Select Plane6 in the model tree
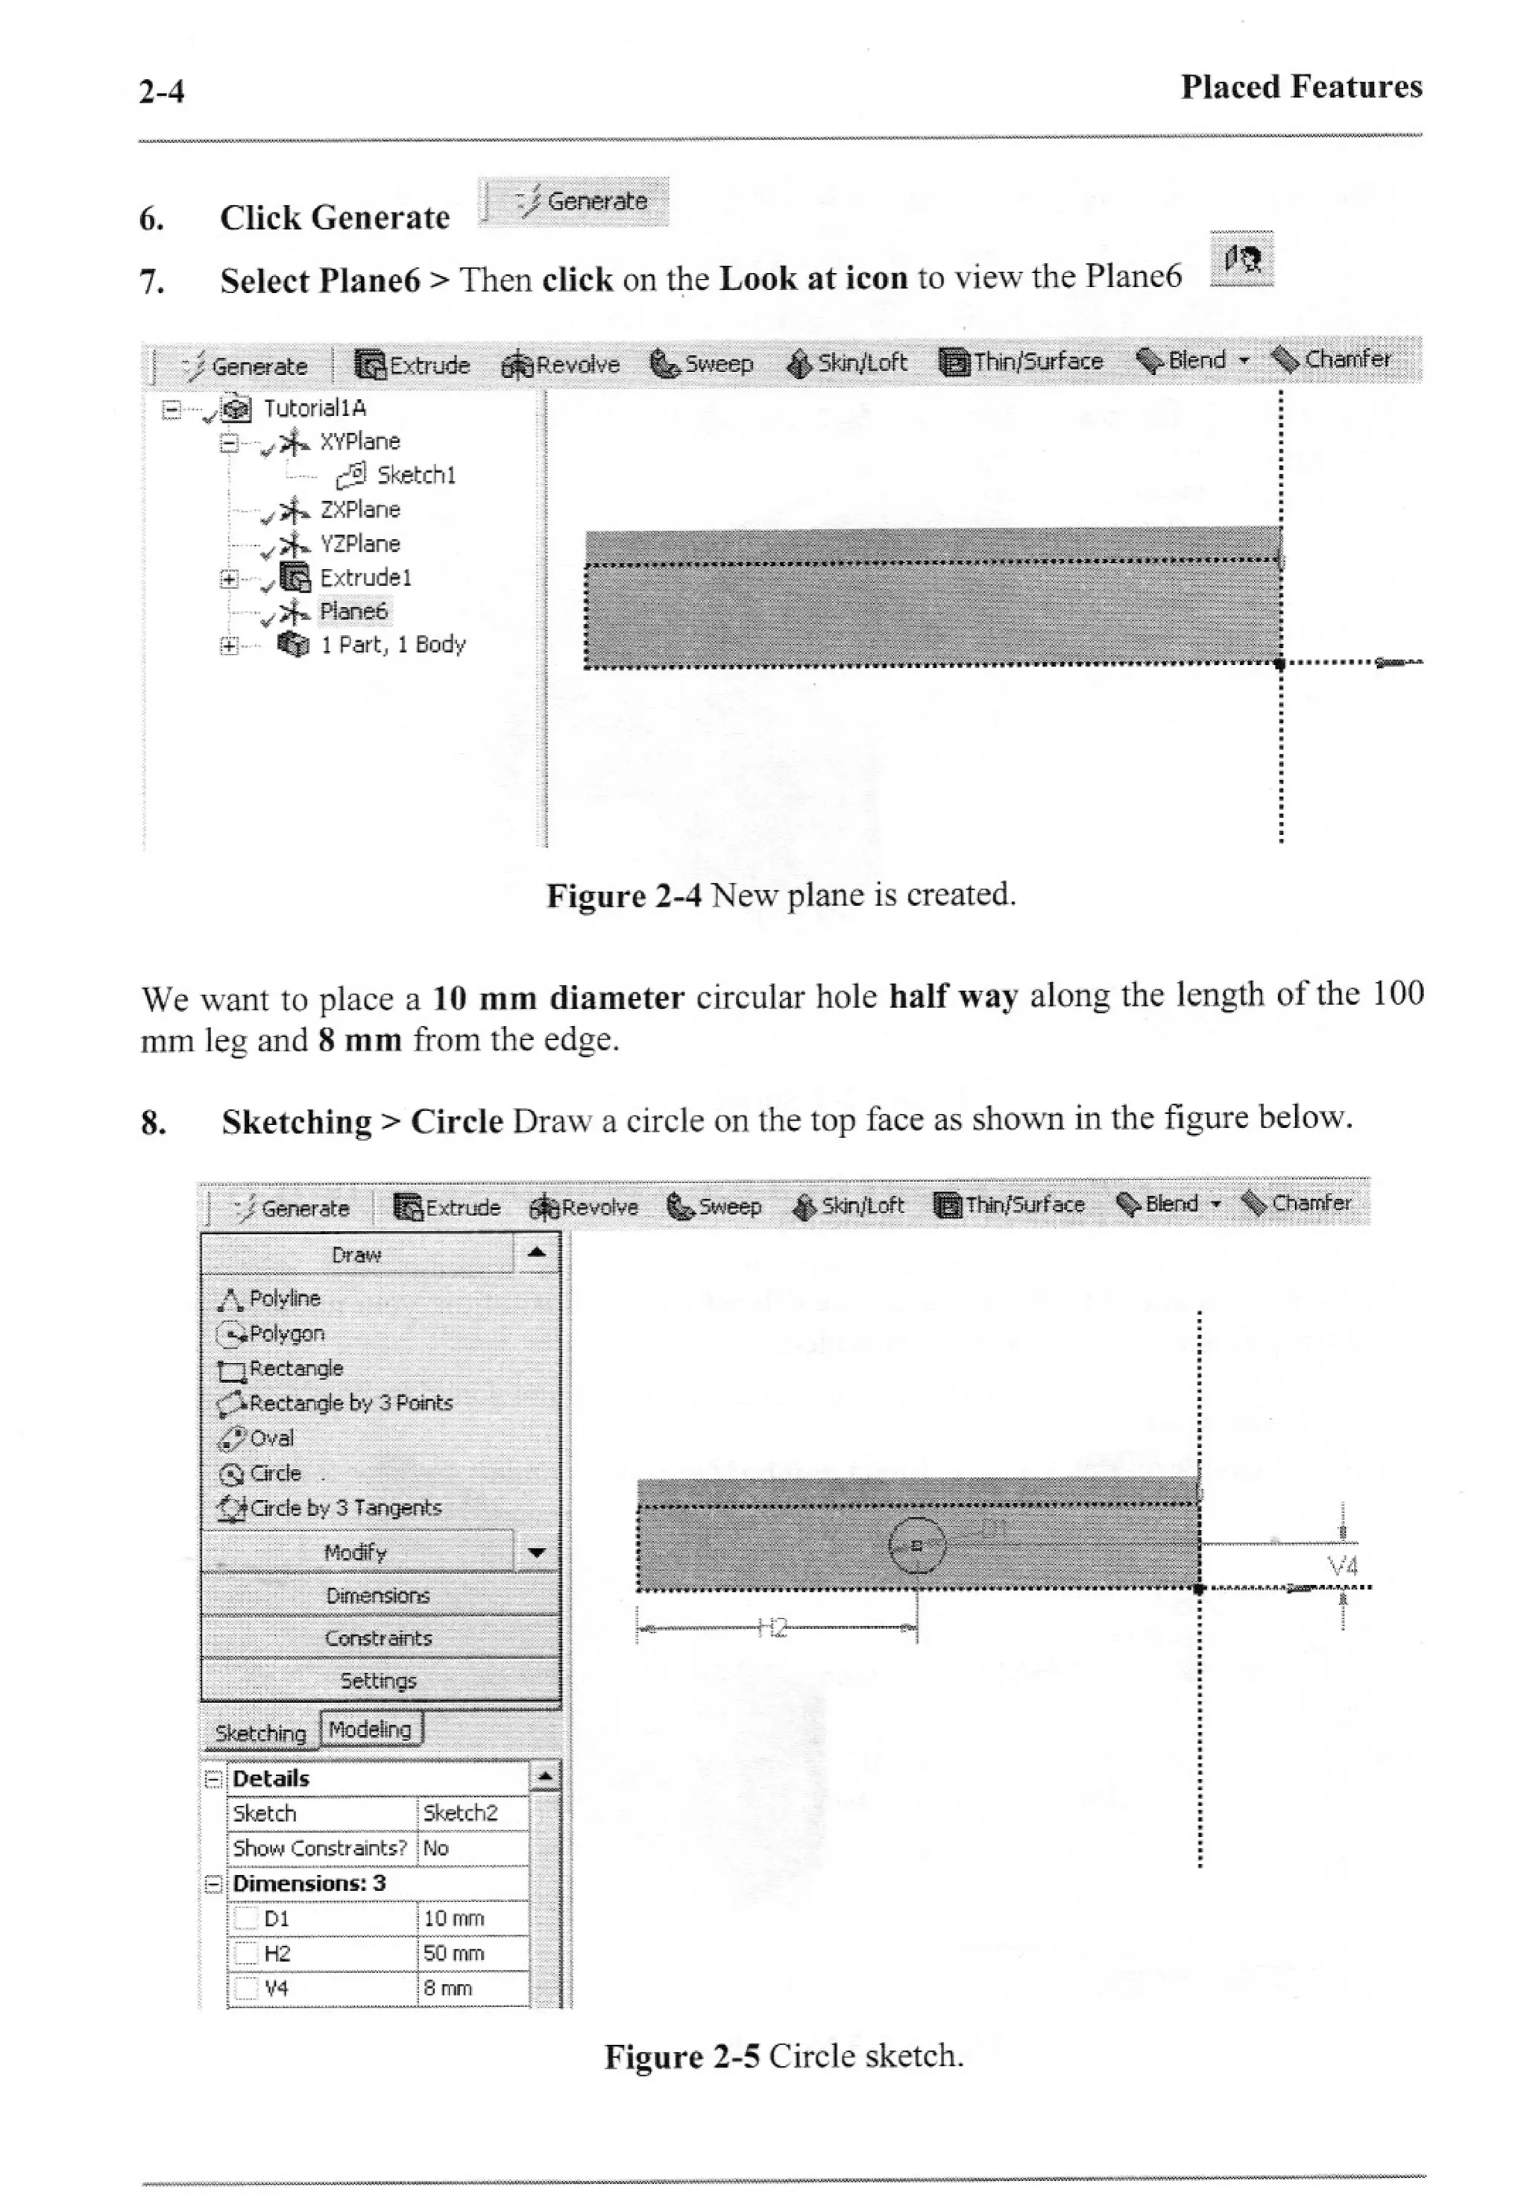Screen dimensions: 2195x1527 [x=353, y=611]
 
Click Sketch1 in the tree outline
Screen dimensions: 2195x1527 [x=415, y=475]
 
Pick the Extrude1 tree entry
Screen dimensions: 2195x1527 [x=365, y=577]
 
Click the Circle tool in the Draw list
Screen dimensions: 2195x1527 [x=274, y=1473]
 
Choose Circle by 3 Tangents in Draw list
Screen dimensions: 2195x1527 [x=344, y=1508]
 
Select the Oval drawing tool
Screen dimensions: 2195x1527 [x=271, y=1437]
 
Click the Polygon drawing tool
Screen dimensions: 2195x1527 [x=286, y=1334]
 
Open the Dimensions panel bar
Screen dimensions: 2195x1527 [x=379, y=1596]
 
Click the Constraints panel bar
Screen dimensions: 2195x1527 [x=379, y=1637]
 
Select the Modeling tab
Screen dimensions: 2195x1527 [x=370, y=1728]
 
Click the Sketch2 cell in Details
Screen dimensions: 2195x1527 [x=461, y=1813]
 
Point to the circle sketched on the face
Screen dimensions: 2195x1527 [x=916, y=1544]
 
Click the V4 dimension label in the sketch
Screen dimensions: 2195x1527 [x=1342, y=1566]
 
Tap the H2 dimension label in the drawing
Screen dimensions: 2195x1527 [x=772, y=1628]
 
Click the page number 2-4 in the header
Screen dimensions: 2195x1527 [x=162, y=92]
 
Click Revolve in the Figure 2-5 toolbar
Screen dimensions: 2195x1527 [x=585, y=1207]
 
